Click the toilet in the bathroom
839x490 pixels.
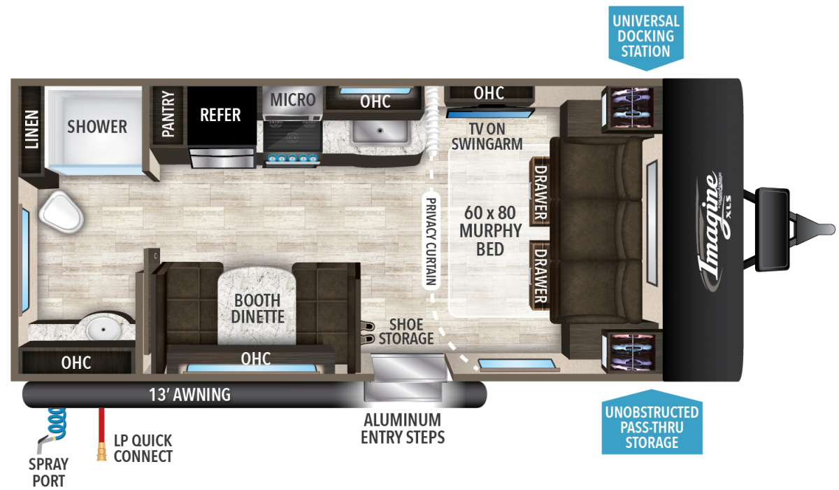point(61,212)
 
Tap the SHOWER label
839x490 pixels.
point(97,127)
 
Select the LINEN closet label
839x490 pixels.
point(32,129)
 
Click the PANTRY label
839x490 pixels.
point(168,113)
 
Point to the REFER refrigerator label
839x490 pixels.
point(220,115)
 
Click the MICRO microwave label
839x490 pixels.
point(293,99)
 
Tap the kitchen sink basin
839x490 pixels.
point(380,131)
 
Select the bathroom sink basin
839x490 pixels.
point(103,329)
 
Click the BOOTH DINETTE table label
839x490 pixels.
point(258,308)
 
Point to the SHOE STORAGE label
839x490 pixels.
point(406,331)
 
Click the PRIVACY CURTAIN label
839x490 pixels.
point(431,241)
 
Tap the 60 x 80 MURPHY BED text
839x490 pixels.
point(490,231)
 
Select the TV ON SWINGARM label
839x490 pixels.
point(487,136)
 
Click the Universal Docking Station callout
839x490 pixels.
point(646,36)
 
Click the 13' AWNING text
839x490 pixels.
point(189,394)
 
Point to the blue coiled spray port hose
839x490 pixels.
point(57,423)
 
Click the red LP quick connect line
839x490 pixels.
point(101,433)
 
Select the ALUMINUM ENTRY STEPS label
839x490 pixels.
point(403,428)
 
